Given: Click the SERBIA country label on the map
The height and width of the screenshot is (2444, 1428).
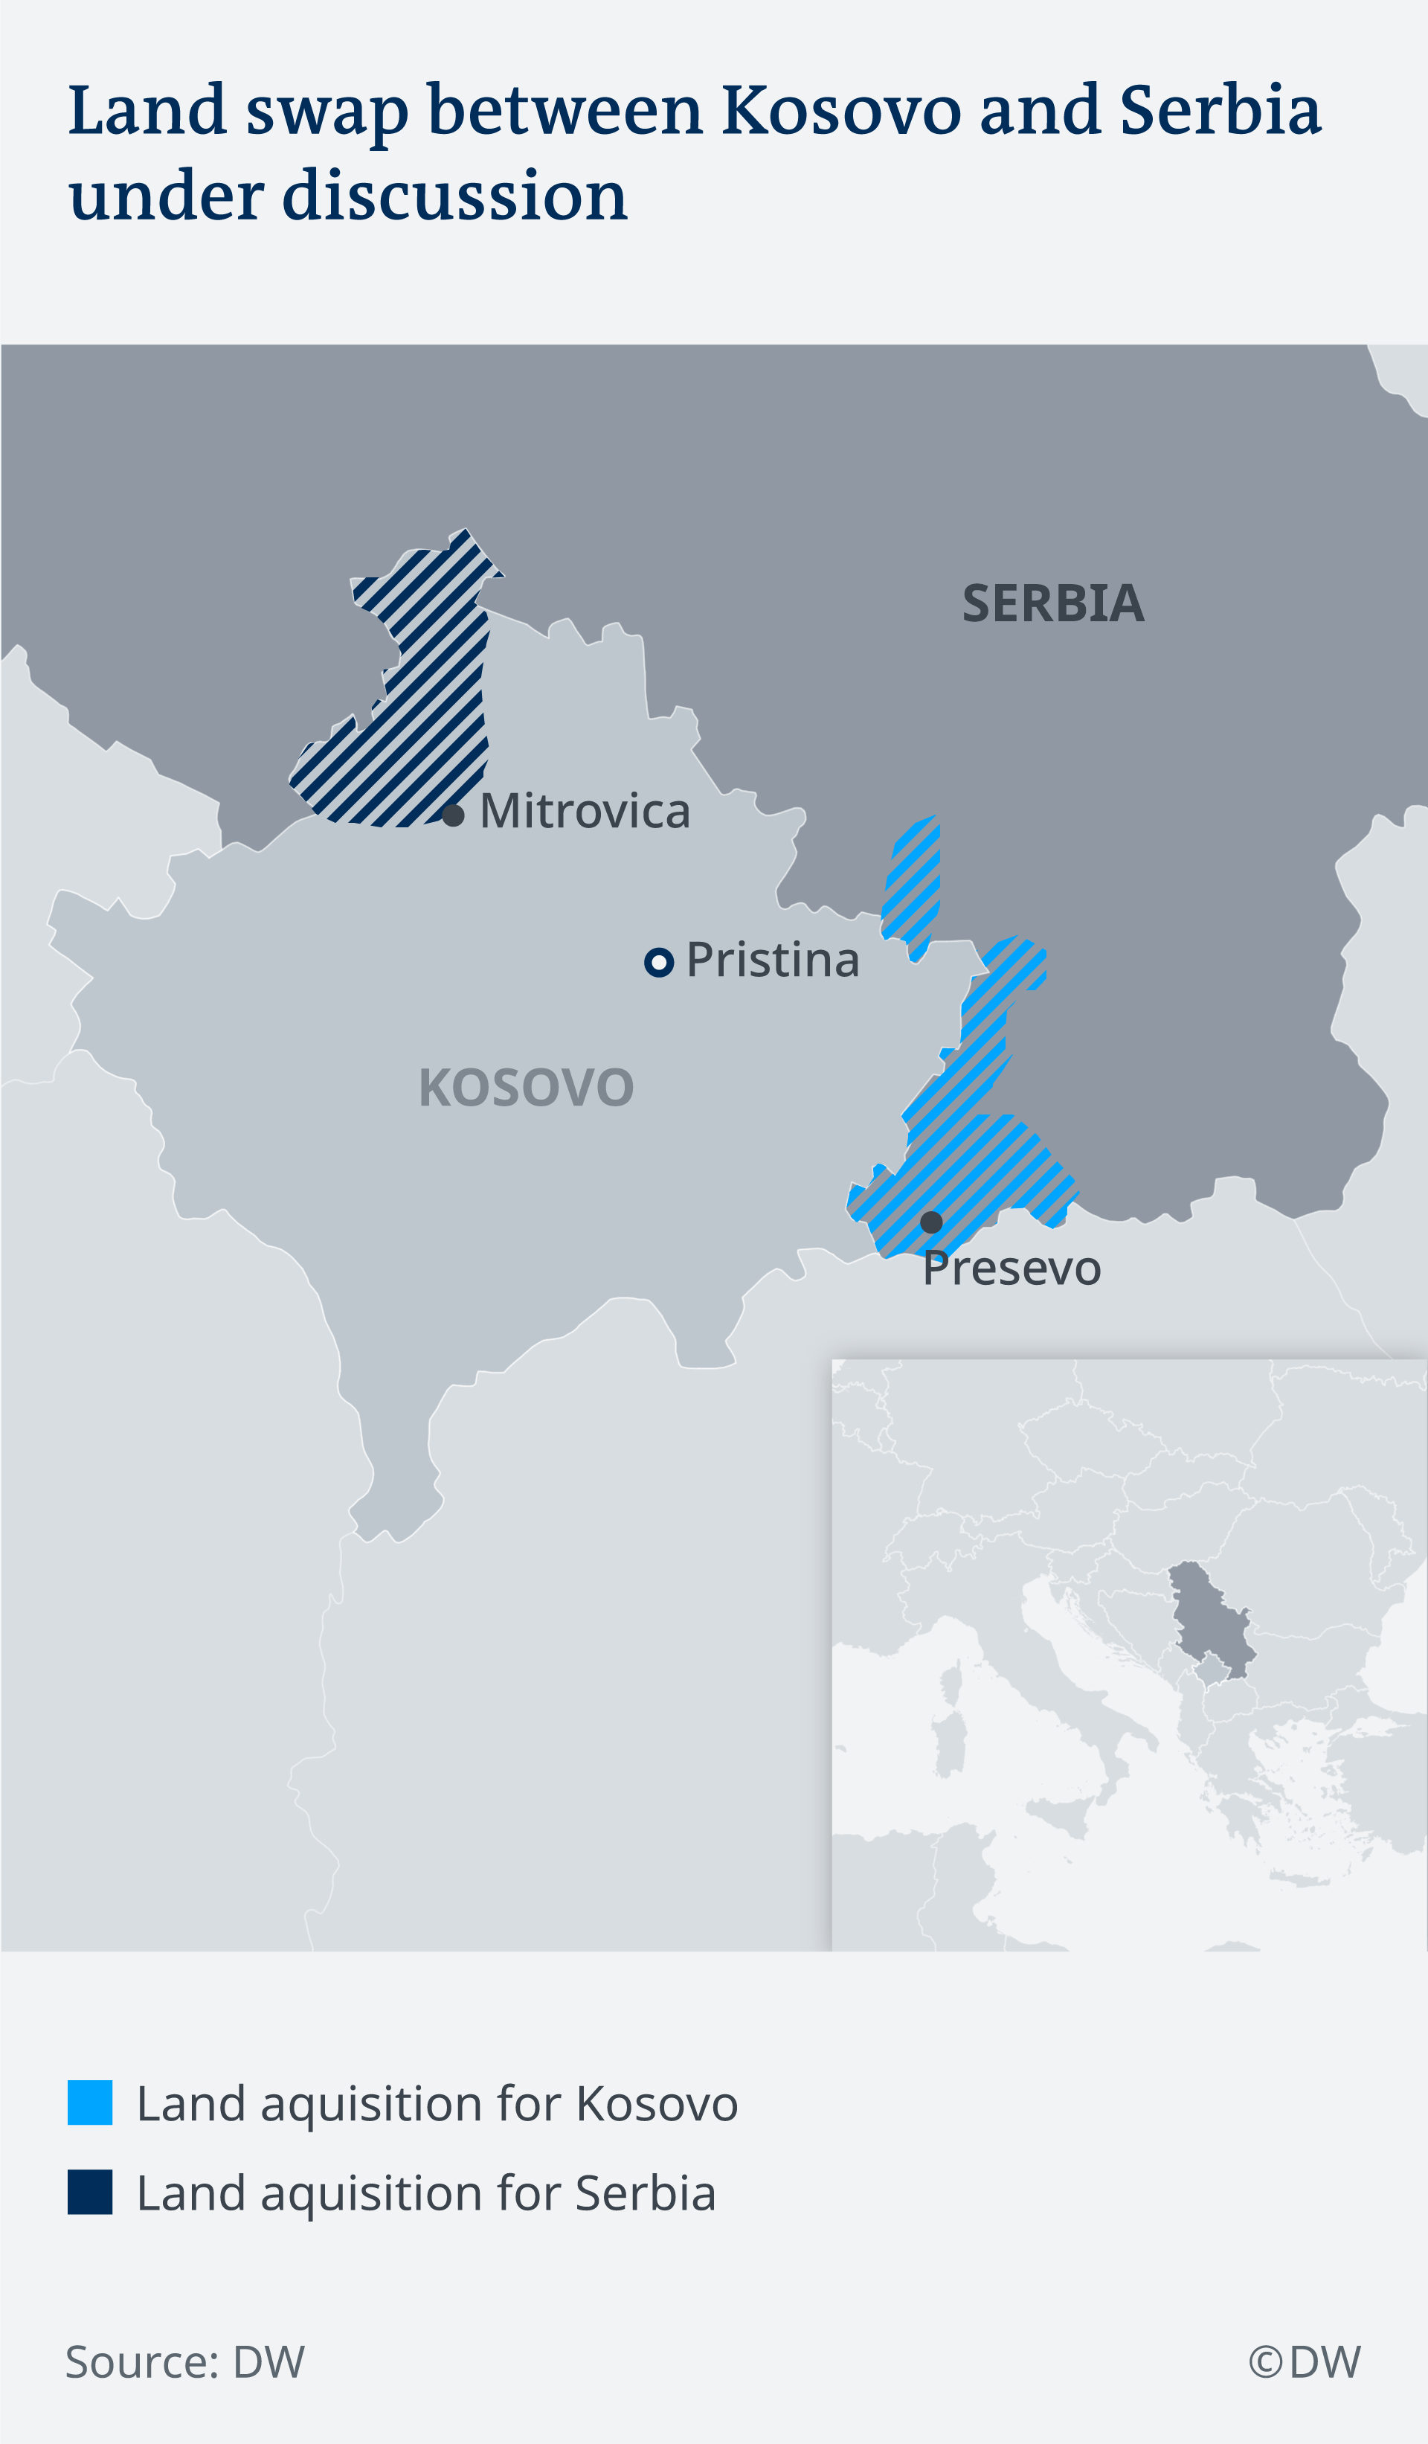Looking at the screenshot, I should pyautogui.click(x=1053, y=603).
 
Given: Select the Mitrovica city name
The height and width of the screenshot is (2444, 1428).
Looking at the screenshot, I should pyautogui.click(x=585, y=811).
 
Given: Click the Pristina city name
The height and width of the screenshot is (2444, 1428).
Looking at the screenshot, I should pyautogui.click(x=773, y=960).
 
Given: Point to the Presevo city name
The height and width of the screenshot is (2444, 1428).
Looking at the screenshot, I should pyautogui.click(x=1011, y=1268).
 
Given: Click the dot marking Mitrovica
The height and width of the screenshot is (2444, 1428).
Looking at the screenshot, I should pyautogui.click(x=453, y=815).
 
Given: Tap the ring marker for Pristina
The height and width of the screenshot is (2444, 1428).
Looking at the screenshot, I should pyautogui.click(x=659, y=962).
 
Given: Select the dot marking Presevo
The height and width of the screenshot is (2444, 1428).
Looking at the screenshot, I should pyautogui.click(x=930, y=1222).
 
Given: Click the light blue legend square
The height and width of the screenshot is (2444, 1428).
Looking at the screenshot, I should pyautogui.click(x=90, y=2103).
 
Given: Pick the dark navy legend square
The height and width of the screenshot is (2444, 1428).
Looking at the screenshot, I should pyautogui.click(x=90, y=2192).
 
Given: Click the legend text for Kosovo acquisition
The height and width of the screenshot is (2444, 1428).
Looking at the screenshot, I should pyautogui.click(x=437, y=2103).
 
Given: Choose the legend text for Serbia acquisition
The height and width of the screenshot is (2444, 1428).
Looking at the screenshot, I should pyautogui.click(x=427, y=2193).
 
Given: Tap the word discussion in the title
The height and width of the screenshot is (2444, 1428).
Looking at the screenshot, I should pyautogui.click(x=454, y=196).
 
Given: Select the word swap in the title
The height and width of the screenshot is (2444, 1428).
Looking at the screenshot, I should pyautogui.click(x=327, y=112).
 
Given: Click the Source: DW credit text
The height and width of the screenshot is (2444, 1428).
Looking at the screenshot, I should pyautogui.click(x=185, y=2361).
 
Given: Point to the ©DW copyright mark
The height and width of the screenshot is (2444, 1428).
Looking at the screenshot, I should pyautogui.click(x=1304, y=2361).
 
